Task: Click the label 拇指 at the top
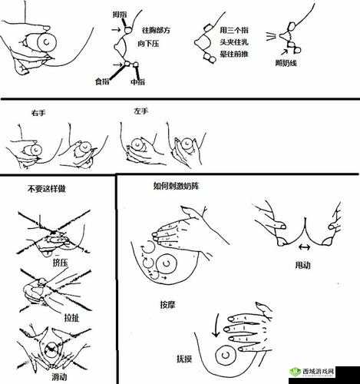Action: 120,14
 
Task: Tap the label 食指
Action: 101,81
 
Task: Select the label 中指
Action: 138,81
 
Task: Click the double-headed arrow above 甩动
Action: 302,247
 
